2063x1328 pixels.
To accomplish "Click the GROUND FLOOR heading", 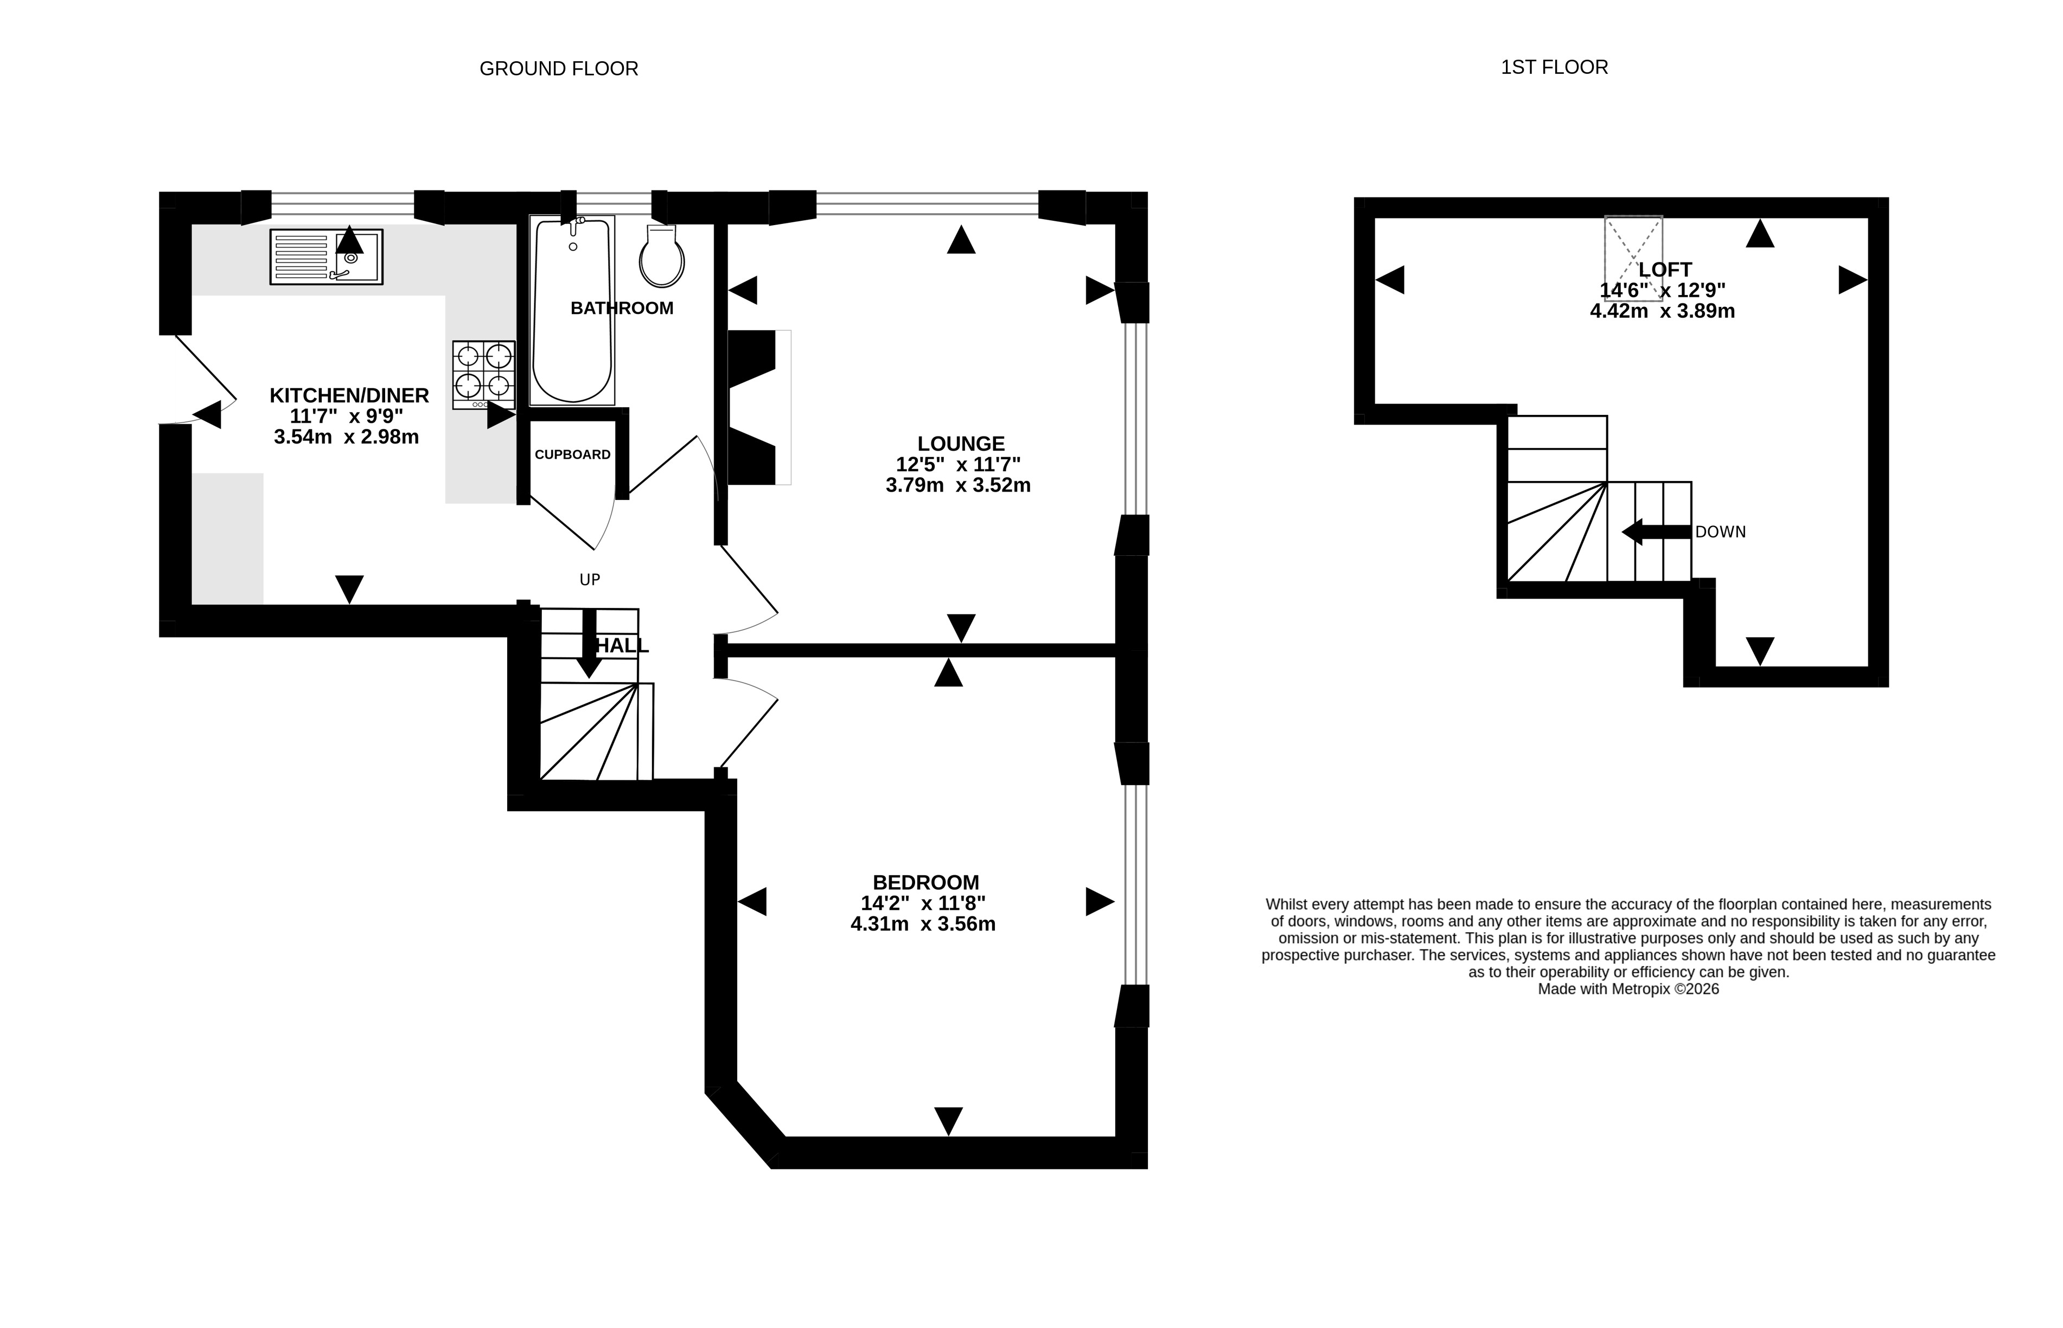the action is [x=559, y=69].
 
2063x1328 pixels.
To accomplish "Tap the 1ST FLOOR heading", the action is [x=1554, y=67].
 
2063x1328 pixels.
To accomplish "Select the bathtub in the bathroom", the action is [x=573, y=310].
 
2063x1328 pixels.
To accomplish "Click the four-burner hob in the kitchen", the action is [x=484, y=374].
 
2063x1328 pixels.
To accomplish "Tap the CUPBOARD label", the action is [x=573, y=454].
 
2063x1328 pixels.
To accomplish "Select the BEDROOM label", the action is [x=925, y=882].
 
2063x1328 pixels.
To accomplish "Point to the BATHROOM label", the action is [x=622, y=308].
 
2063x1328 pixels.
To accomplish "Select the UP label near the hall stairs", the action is [x=590, y=580].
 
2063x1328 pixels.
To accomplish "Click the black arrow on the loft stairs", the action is [x=1656, y=532].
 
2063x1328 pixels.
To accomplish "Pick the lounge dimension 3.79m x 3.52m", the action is [x=958, y=485].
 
